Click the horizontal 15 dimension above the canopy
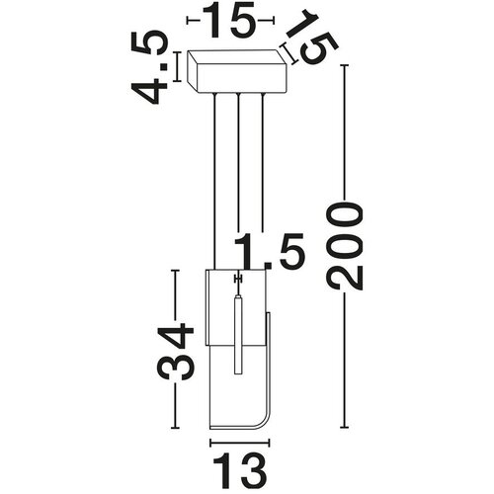click(229, 21)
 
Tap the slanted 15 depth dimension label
click(312, 37)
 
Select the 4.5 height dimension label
click(150, 67)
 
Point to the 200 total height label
click(344, 246)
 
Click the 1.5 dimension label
click(269, 251)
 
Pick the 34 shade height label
click(176, 352)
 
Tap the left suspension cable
click(214, 181)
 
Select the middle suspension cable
click(238, 163)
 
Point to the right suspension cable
click(263, 163)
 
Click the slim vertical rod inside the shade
click(238, 335)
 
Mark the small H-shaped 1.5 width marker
click(238, 280)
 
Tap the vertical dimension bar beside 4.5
click(177, 66)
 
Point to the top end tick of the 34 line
click(175, 271)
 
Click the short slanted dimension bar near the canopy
click(288, 53)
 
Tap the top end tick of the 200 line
click(344, 65)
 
